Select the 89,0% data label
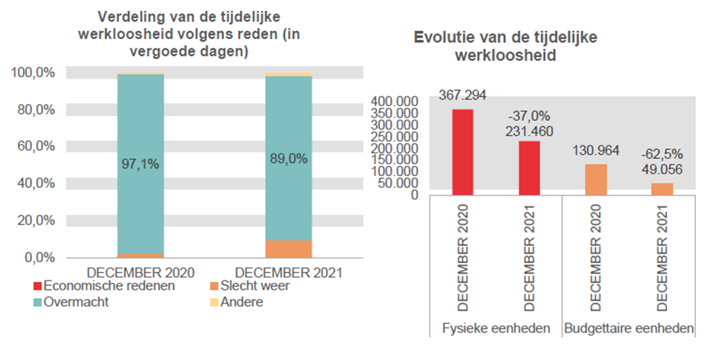click(288, 159)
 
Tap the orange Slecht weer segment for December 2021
click(288, 249)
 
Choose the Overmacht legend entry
click(76, 302)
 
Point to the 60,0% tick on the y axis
click(34, 146)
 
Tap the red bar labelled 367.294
click(463, 152)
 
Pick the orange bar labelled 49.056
click(662, 189)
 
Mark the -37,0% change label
click(529, 116)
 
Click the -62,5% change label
click(662, 153)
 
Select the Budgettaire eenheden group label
click(629, 329)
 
